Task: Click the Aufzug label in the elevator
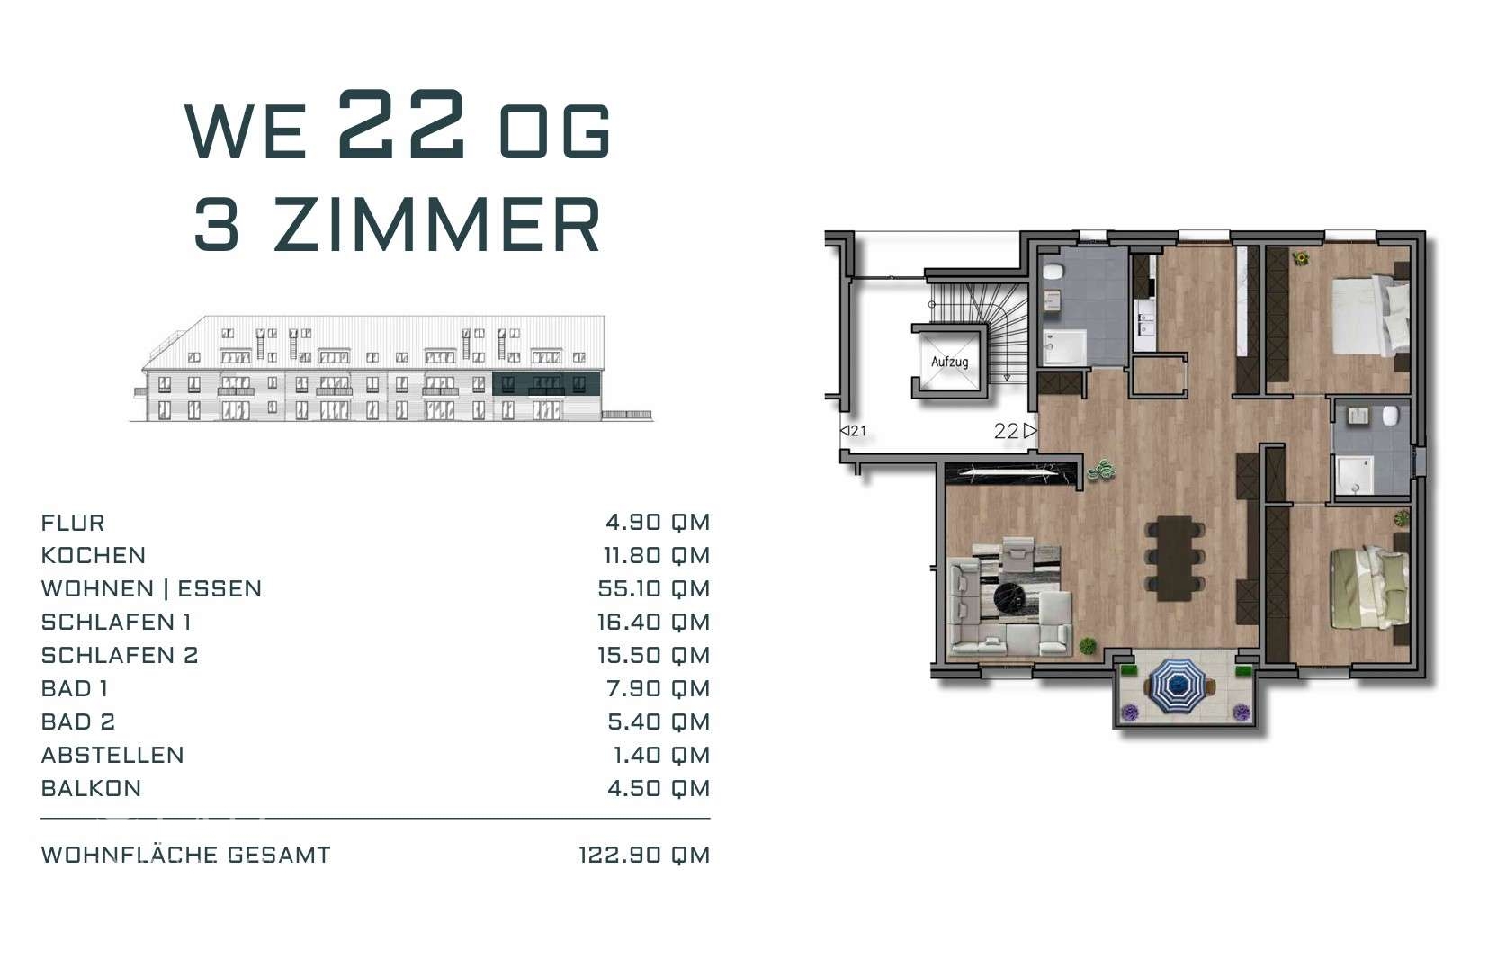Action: pyautogui.click(x=949, y=362)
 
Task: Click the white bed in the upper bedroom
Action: pyautogui.click(x=1371, y=317)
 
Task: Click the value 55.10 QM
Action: pyautogui.click(x=653, y=589)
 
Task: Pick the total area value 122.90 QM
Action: pyautogui.click(x=643, y=855)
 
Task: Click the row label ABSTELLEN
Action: pyautogui.click(x=112, y=755)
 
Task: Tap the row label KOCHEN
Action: pyautogui.click(x=93, y=555)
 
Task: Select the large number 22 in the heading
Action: pyautogui.click(x=401, y=126)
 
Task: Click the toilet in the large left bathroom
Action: pyautogui.click(x=1054, y=273)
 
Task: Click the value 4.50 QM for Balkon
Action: pyautogui.click(x=659, y=788)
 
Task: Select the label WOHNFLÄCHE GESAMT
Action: pyautogui.click(x=185, y=855)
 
